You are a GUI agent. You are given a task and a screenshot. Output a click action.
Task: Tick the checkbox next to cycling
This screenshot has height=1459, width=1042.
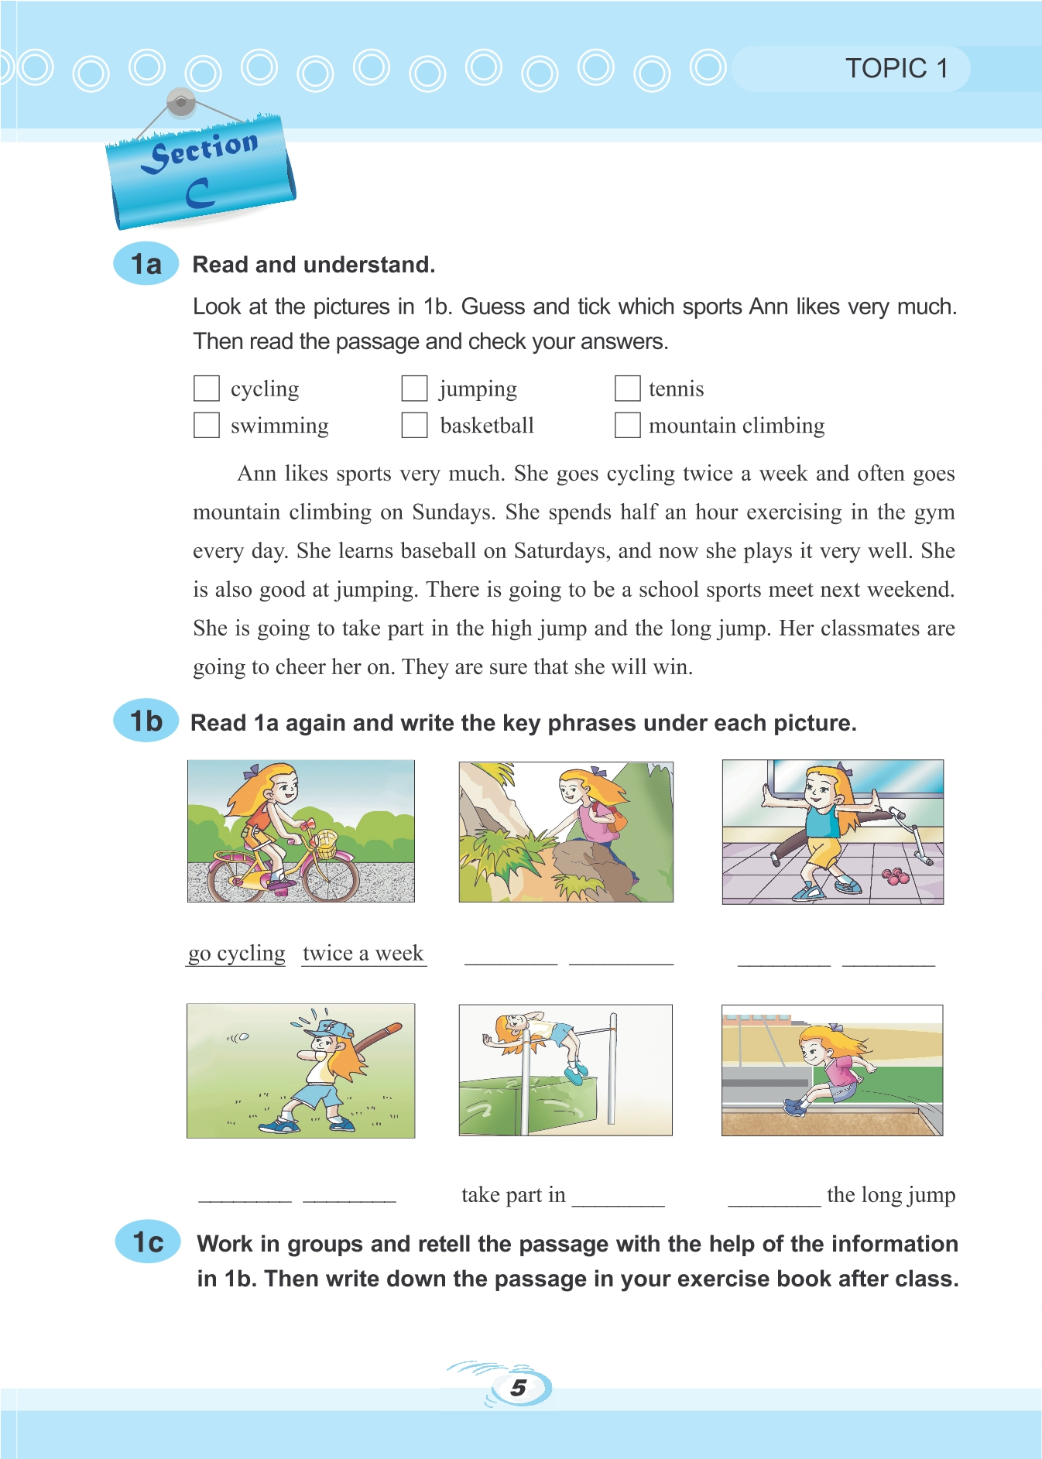pos(207,389)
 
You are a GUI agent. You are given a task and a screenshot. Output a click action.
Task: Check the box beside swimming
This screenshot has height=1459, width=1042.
pos(207,425)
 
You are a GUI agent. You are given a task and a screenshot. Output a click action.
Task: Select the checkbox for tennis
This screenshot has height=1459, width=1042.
pos(627,389)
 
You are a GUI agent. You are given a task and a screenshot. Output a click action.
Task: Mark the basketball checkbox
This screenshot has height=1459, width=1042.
pos(415,425)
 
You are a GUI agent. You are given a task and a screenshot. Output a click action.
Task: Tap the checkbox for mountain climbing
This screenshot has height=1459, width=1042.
pos(627,425)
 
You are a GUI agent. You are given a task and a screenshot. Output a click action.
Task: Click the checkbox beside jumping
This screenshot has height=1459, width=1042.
pos(415,389)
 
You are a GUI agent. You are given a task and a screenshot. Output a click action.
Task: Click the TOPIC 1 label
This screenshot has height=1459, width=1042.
pos(896,69)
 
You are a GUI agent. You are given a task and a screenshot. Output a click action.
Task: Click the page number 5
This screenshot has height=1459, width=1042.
pos(519,1388)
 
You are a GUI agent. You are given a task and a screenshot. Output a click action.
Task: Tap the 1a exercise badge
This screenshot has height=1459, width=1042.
pos(146,264)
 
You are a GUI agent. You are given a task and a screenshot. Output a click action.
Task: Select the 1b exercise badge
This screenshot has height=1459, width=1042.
pos(146,721)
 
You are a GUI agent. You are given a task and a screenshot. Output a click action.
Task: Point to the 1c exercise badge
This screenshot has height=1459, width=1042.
pos(148,1242)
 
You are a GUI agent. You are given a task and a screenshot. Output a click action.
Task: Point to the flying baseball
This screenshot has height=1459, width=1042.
pos(244,1037)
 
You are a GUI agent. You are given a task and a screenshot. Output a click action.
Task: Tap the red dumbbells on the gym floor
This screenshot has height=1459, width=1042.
pos(895,876)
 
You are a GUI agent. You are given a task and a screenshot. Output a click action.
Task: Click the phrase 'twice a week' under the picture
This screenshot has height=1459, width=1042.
pos(363,953)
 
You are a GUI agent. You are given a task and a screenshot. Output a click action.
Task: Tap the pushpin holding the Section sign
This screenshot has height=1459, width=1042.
pos(181,102)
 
